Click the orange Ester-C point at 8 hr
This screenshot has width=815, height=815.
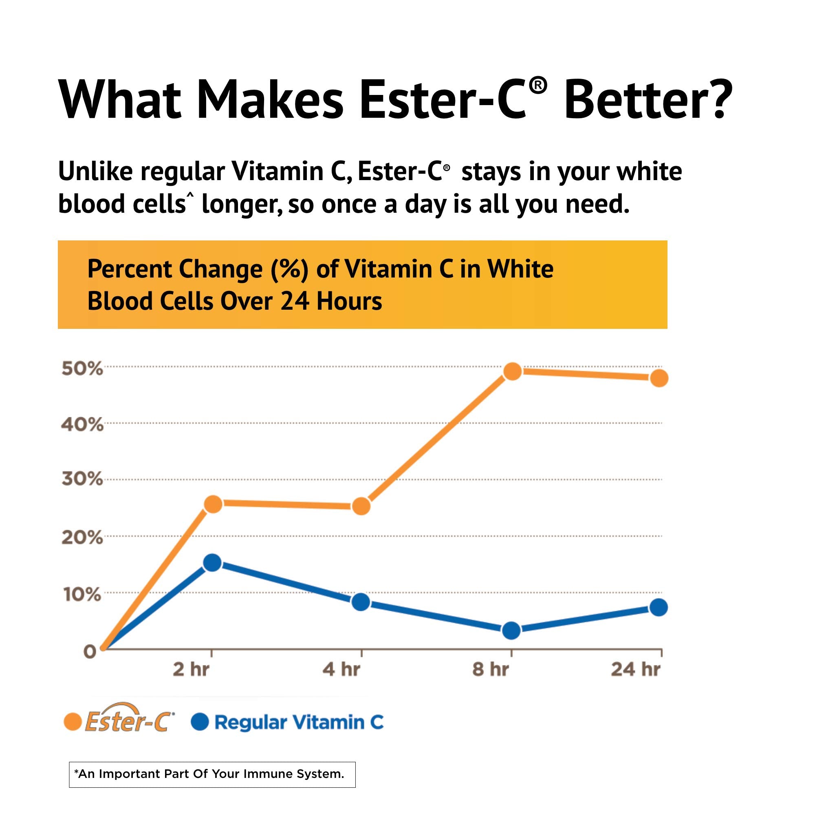[512, 371]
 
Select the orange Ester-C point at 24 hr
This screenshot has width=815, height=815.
[659, 378]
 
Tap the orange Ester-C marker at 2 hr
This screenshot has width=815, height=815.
[213, 504]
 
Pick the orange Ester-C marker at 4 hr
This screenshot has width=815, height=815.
[361, 506]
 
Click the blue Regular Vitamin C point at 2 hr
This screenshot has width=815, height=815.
[213, 563]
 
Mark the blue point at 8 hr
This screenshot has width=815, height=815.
[511, 630]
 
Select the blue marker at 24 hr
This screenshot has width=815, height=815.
[659, 608]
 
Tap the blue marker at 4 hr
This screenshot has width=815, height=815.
[361, 602]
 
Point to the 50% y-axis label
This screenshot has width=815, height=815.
[82, 369]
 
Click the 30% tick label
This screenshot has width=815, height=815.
[82, 479]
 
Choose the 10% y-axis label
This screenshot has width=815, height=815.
[82, 595]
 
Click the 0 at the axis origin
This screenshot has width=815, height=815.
[90, 652]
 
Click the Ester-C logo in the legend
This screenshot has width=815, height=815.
[129, 722]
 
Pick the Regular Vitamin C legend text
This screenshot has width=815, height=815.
[299, 722]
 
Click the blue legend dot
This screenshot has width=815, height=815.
[200, 722]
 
